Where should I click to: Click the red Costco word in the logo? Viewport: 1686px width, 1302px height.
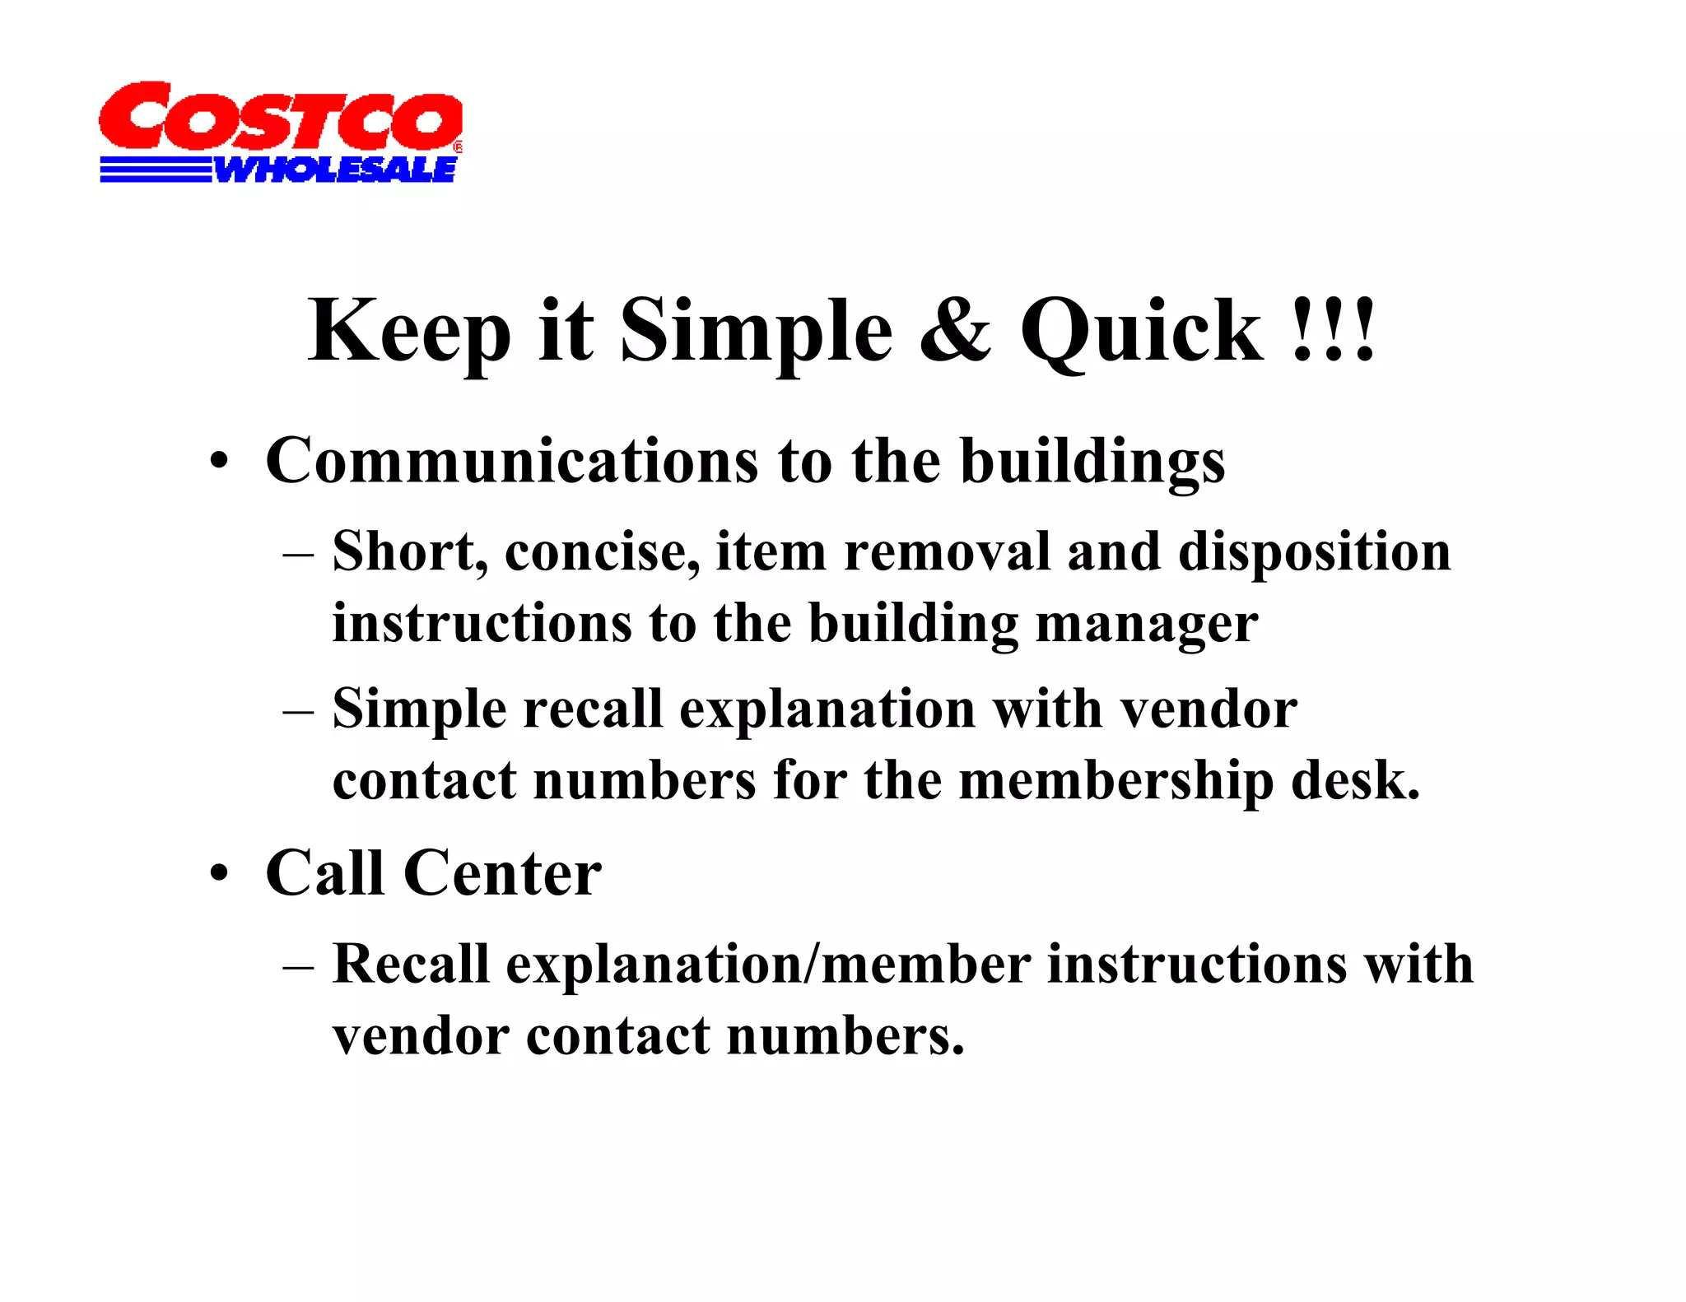[x=280, y=117]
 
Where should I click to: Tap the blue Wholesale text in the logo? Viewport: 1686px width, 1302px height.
[x=334, y=170]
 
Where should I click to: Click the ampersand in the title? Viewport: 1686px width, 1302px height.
[x=955, y=331]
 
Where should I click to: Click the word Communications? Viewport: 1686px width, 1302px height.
[x=511, y=461]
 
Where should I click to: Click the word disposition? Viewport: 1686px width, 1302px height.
[x=1314, y=551]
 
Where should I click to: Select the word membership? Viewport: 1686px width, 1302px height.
[x=1115, y=781]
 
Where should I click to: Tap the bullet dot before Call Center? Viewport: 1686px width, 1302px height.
[x=218, y=874]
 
